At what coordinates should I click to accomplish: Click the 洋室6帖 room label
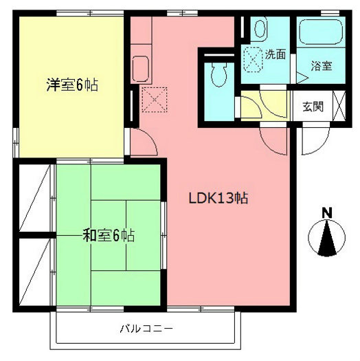coord(71,86)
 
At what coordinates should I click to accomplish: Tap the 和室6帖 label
coord(109,236)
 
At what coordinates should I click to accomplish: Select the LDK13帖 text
coord(218,199)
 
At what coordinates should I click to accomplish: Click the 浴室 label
coord(321,67)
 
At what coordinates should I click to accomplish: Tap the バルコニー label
coord(146,328)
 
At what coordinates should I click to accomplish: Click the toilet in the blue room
coord(218,73)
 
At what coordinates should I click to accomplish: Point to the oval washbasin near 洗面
coord(260,29)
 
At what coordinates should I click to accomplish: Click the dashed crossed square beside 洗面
coord(254,58)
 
